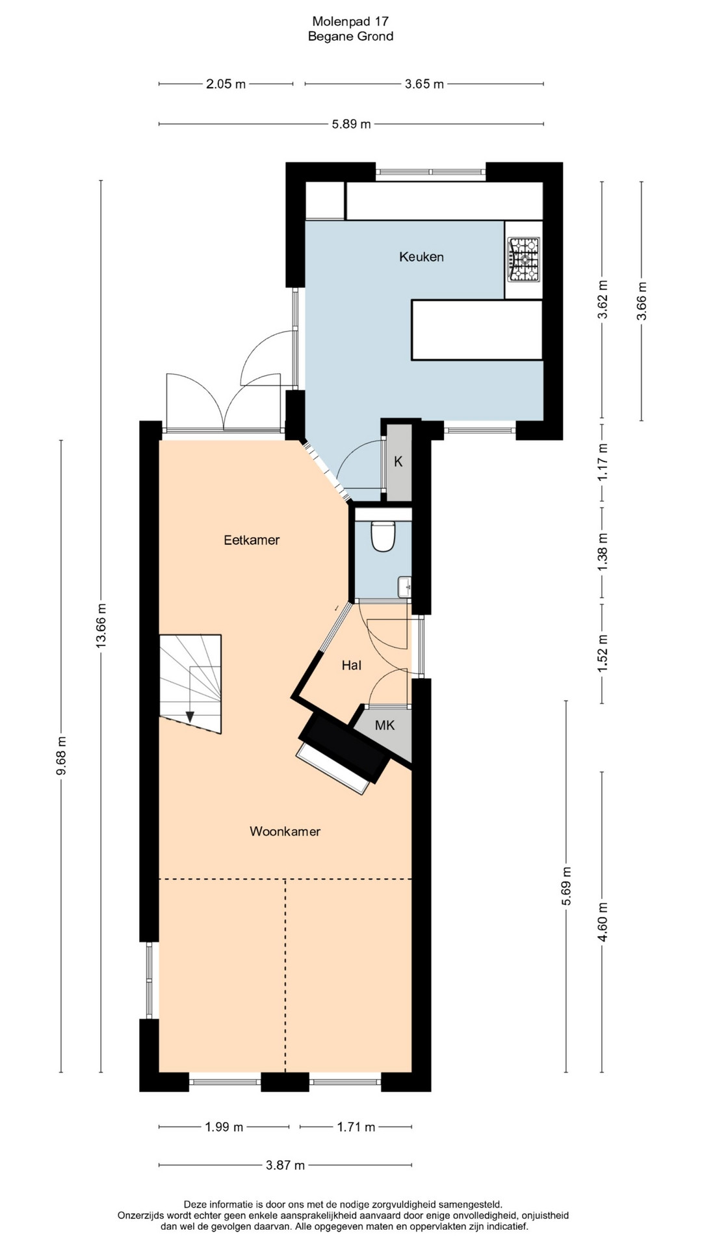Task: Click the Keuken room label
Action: click(421, 257)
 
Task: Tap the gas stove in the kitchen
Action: click(524, 260)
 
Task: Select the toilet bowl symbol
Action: click(383, 536)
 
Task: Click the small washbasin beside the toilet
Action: click(404, 586)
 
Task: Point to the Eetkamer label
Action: click(252, 539)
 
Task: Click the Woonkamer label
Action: click(285, 831)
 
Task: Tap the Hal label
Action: click(351, 665)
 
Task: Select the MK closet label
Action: click(385, 725)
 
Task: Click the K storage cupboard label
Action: click(398, 461)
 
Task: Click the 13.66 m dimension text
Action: click(101, 625)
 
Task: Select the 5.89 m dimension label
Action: click(351, 123)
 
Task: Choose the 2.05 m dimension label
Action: click(226, 84)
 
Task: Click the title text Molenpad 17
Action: click(350, 21)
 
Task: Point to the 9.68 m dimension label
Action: click(62, 757)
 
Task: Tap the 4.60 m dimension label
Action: click(603, 922)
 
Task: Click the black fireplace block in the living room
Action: click(344, 746)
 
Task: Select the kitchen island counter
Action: click(477, 330)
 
